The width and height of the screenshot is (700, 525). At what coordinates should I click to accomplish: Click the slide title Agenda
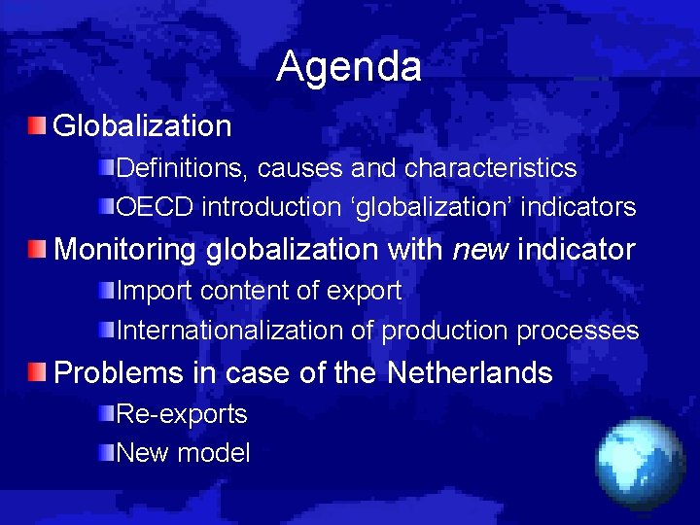coord(349,66)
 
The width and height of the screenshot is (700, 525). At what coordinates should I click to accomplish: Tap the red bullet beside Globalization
coord(36,125)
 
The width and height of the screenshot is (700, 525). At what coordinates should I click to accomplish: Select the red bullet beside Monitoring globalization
coord(36,250)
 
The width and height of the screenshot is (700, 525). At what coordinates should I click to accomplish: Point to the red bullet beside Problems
coord(36,372)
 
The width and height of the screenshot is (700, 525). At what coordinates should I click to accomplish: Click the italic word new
coord(481,250)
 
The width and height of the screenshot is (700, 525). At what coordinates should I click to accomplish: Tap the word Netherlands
coord(470,372)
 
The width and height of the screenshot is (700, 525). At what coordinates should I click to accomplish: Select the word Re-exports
coord(182,414)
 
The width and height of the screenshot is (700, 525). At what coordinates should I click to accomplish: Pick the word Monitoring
coord(125,250)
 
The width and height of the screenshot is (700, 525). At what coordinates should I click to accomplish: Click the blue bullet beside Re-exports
coord(107,414)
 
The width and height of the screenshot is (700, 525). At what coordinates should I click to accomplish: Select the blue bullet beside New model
coord(107,453)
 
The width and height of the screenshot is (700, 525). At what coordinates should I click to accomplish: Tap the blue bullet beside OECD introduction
coord(107,207)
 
